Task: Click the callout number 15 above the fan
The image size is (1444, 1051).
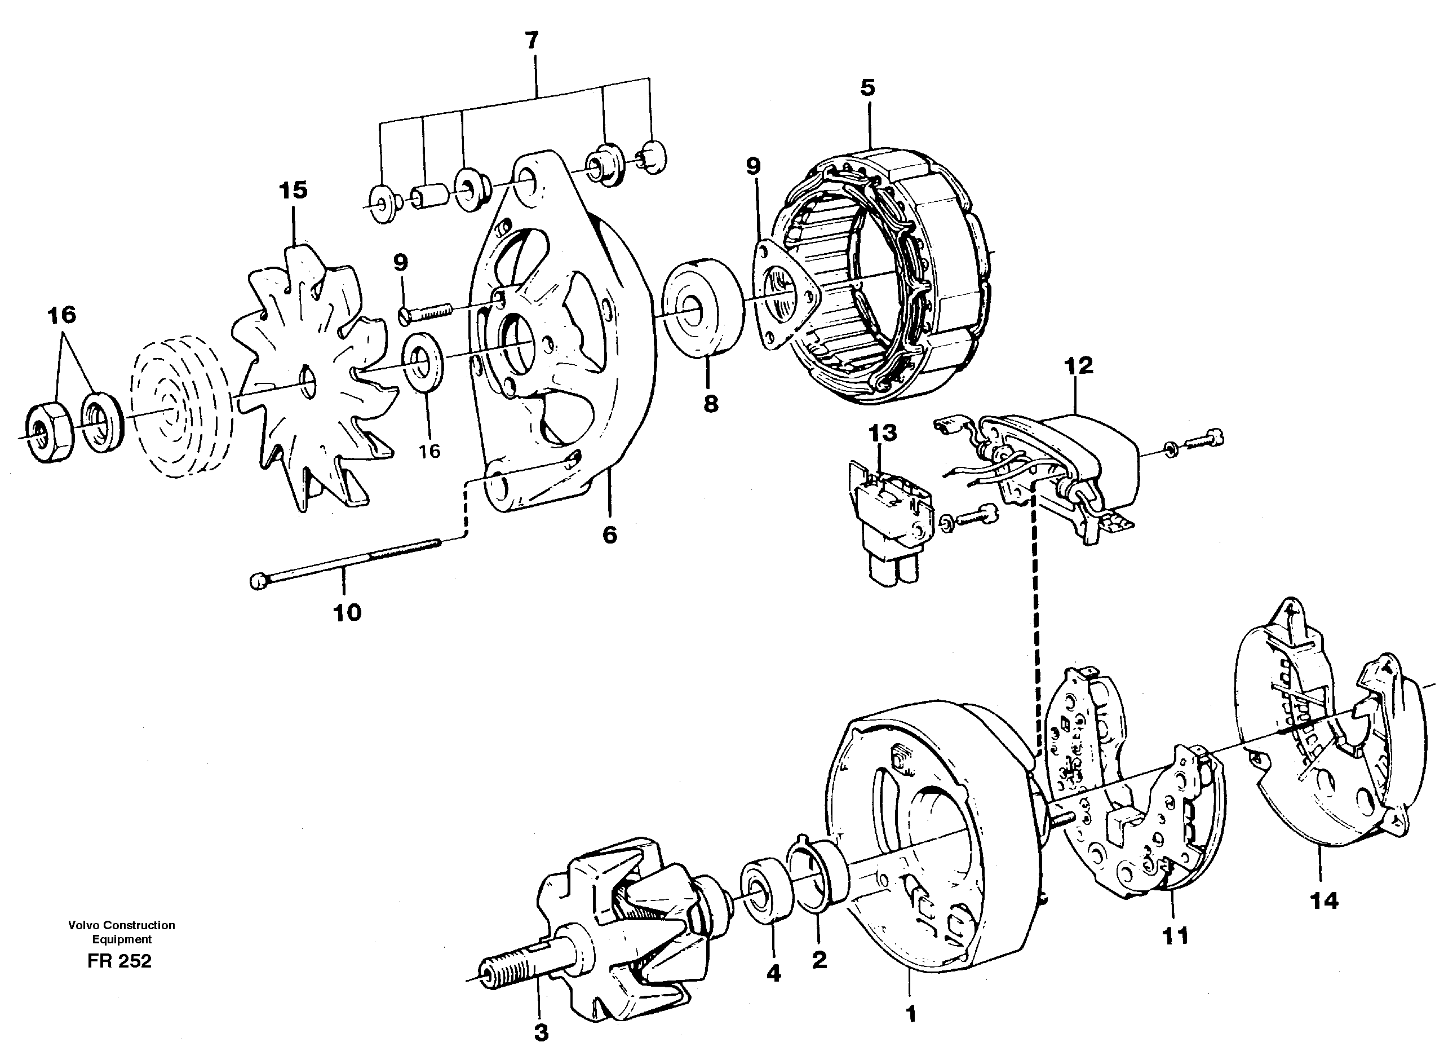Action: pyautogui.click(x=293, y=190)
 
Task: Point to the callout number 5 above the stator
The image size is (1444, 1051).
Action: pyautogui.click(x=868, y=87)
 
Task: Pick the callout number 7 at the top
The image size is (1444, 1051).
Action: pyautogui.click(x=531, y=41)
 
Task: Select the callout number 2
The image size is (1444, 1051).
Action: pyautogui.click(x=820, y=960)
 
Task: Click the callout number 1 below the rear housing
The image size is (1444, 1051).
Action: pyautogui.click(x=911, y=1013)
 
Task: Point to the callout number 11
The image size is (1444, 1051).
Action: pyautogui.click(x=1175, y=936)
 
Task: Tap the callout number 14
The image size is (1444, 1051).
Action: pyautogui.click(x=1325, y=900)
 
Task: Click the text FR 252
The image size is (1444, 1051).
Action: pyautogui.click(x=119, y=961)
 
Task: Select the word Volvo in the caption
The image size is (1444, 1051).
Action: pyautogui.click(x=84, y=925)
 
